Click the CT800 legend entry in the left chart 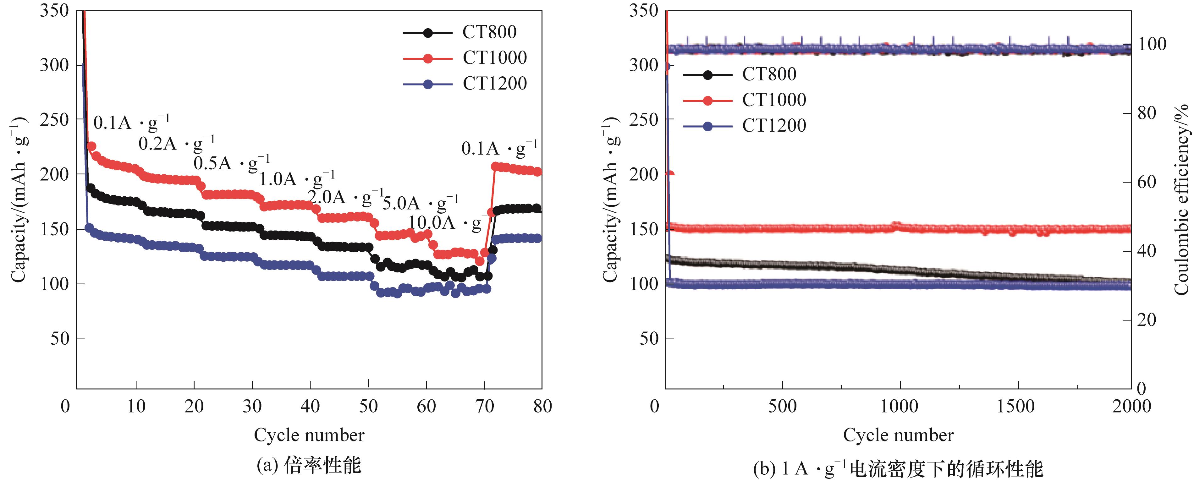tap(489, 32)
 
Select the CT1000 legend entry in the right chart tap(773, 100)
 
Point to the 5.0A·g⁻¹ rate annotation tap(420, 203)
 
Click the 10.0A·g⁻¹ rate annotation tap(447, 223)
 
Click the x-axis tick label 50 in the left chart tap(368, 407)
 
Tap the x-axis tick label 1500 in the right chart tap(1018, 407)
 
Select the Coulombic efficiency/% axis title tap(1181, 199)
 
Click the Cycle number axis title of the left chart tap(309, 435)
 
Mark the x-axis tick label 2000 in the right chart tap(1131, 407)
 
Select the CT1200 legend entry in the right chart tap(773, 126)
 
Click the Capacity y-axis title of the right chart tap(611, 199)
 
